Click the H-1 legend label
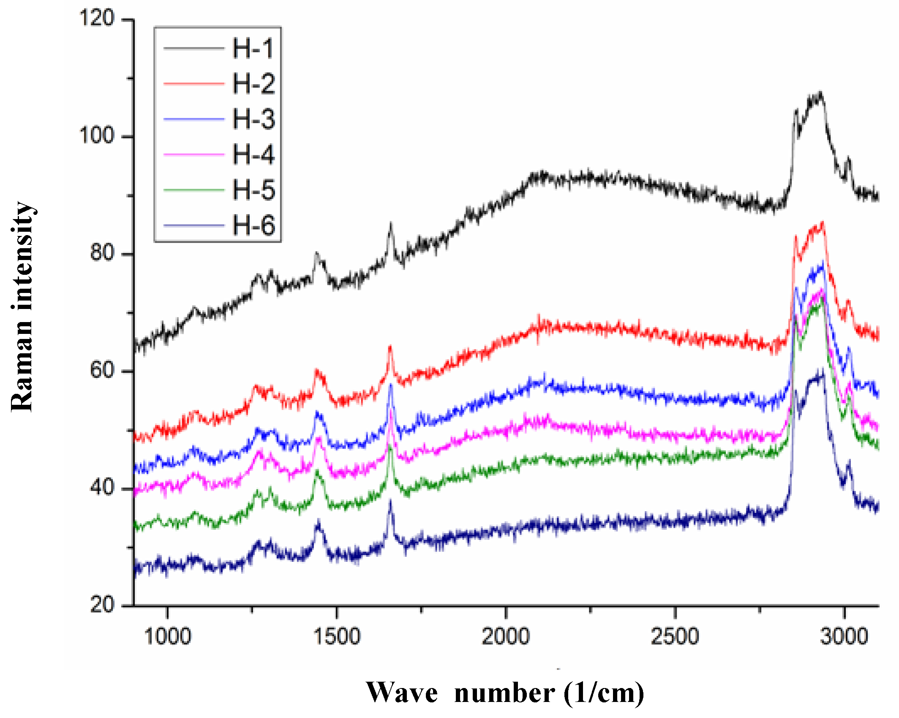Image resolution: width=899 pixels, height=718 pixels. [253, 48]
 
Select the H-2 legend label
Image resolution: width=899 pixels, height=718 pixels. [253, 84]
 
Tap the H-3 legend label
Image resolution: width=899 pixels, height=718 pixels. [253, 119]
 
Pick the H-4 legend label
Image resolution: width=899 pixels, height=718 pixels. [253, 154]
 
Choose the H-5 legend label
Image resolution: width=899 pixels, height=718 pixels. [253, 190]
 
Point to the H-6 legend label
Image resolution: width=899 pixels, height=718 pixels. [253, 225]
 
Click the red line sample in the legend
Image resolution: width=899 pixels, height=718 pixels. [193, 84]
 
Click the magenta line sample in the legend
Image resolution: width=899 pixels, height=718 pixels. [193, 155]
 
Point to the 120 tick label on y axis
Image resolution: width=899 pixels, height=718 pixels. [97, 19]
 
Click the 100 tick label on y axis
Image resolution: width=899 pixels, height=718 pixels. [97, 136]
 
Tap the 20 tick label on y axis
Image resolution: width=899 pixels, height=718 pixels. [102, 605]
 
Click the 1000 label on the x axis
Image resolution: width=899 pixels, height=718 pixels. [168, 636]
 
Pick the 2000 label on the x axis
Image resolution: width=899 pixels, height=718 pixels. [506, 636]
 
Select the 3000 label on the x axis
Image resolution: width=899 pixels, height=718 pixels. [844, 636]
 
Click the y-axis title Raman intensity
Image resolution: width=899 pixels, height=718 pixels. [22, 307]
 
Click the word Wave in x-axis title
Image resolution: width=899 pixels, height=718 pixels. [402, 693]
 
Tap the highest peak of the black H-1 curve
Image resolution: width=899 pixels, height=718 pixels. [820, 94]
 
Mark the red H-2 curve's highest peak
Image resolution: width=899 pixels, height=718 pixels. [822, 223]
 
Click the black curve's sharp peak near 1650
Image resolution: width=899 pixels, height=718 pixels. [391, 225]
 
